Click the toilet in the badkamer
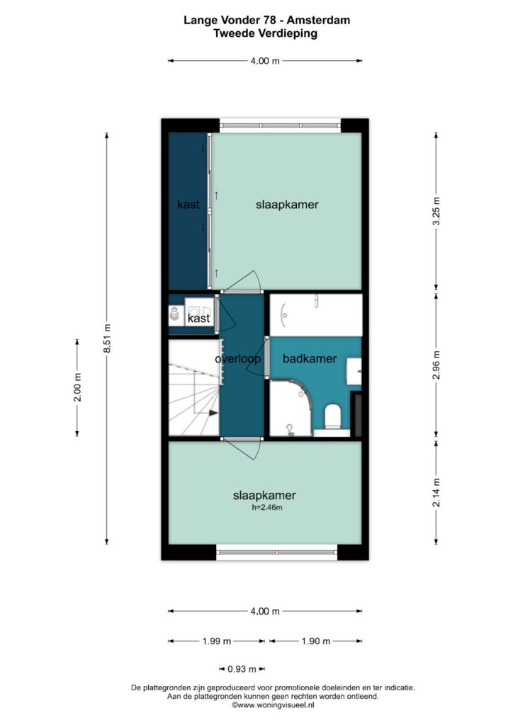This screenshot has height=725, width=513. tap(332, 416)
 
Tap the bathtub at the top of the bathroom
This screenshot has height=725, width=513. tap(316, 315)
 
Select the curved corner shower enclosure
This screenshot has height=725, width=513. tap(291, 408)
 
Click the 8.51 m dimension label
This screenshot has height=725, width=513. tap(107, 338)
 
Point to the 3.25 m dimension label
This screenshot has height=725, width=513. tap(436, 211)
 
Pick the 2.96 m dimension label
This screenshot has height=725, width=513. tap(436, 365)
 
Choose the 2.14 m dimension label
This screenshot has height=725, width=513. tap(436, 492)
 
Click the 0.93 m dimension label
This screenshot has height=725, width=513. tap(242, 669)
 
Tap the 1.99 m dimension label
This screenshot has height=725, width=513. tap(217, 641)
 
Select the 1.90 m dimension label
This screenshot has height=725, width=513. tap(316, 641)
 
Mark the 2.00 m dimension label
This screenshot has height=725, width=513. tap(77, 387)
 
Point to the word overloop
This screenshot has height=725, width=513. tap(238, 358)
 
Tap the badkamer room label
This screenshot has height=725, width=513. tap(310, 358)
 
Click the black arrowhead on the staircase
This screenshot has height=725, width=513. tap(213, 413)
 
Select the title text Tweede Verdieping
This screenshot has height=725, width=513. tap(266, 33)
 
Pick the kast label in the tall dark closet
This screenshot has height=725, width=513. tap(188, 204)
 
